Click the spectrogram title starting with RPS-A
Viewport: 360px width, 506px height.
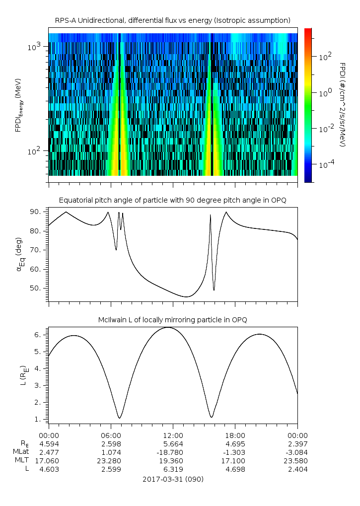(x=172, y=20)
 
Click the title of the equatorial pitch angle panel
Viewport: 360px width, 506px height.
(x=172, y=200)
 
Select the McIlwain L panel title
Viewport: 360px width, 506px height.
(x=172, y=319)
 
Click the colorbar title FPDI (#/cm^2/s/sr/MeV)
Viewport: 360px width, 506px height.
(x=342, y=105)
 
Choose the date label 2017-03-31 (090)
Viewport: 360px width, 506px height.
(x=173, y=479)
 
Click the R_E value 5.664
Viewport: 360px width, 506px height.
(x=173, y=443)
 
